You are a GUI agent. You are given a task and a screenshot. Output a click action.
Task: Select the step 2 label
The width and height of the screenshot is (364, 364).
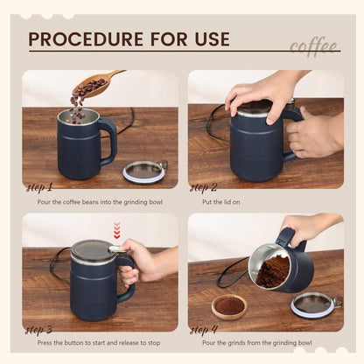point(204,186)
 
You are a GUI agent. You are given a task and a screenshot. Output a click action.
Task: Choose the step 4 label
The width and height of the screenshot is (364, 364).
point(204,329)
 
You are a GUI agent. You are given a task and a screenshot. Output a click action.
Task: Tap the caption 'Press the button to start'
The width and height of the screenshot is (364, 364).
point(98,343)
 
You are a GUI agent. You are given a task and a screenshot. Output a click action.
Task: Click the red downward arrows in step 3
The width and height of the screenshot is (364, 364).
point(116,230)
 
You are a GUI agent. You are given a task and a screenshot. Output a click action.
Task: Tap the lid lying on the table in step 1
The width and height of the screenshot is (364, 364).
point(144,170)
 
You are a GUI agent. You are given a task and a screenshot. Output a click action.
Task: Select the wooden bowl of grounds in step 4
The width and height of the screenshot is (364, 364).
point(229,306)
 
